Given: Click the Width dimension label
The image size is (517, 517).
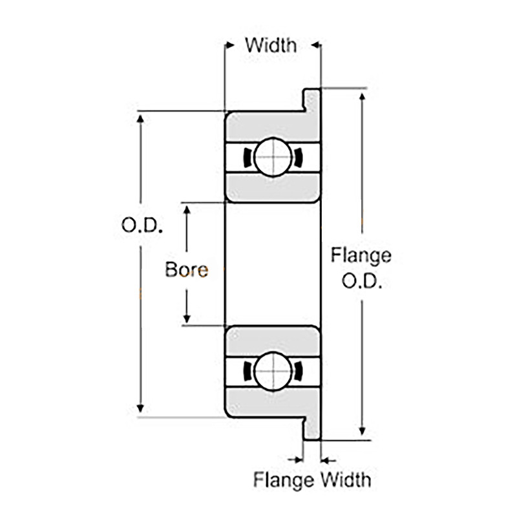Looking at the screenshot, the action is click(271, 45).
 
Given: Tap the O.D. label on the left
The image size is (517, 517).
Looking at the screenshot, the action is click(142, 226).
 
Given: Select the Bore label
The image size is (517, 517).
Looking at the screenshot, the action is click(187, 269).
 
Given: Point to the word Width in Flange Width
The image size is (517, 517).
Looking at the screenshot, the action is click(346, 480).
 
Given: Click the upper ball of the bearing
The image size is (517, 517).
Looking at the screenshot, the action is click(273, 157).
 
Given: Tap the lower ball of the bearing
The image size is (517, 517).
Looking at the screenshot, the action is click(273, 371).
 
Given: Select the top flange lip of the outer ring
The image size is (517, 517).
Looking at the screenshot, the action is click(312, 100).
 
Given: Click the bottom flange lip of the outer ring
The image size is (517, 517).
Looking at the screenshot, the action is click(312, 428).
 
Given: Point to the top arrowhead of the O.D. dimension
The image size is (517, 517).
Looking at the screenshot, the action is click(140, 119).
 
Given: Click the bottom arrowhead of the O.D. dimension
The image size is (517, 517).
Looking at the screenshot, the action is click(140, 408).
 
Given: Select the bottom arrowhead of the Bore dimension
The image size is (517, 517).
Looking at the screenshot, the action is click(187, 319).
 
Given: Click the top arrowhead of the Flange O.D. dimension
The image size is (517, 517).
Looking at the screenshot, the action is click(362, 97).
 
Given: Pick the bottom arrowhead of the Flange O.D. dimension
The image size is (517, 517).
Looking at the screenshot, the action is click(362, 431).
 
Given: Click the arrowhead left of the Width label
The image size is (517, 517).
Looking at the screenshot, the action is click(229, 45).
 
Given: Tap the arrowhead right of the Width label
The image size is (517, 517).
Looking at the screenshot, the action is click(316, 45).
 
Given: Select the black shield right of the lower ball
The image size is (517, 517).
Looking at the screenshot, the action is click(298, 371).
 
